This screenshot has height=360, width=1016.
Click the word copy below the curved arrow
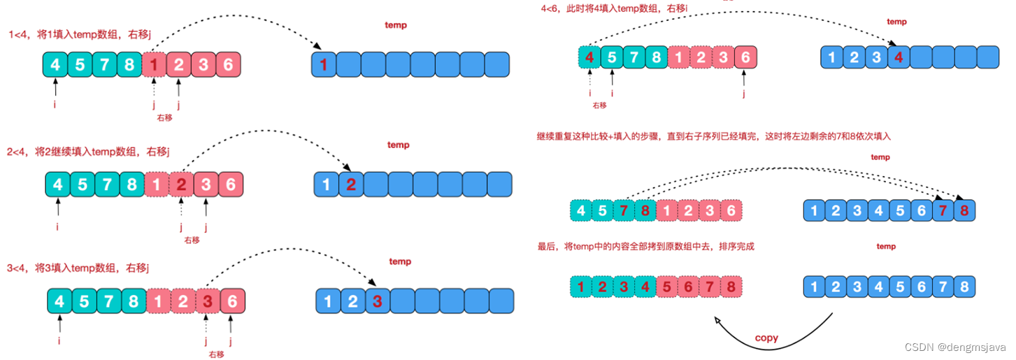pos(766,338)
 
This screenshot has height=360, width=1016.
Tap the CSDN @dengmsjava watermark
pos(954,347)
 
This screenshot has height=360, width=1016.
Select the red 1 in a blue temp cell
pos(323,65)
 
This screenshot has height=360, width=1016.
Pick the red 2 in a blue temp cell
pos(351,185)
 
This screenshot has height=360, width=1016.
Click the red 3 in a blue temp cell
pos(377,301)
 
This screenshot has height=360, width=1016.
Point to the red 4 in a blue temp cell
pos(899,58)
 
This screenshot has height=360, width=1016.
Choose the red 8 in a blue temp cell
pos(964,210)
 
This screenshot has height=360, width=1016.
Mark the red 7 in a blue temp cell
pos(943,210)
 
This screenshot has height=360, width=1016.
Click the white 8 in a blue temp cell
pos(964,287)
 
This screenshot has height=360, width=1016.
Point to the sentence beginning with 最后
pos(646,247)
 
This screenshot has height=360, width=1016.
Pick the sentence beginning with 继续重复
pos(713,137)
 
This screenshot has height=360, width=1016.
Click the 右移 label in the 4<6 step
pos(599,105)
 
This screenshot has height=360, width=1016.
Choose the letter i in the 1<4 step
pos(55,105)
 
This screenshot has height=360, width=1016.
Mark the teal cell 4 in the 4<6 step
pos(589,58)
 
